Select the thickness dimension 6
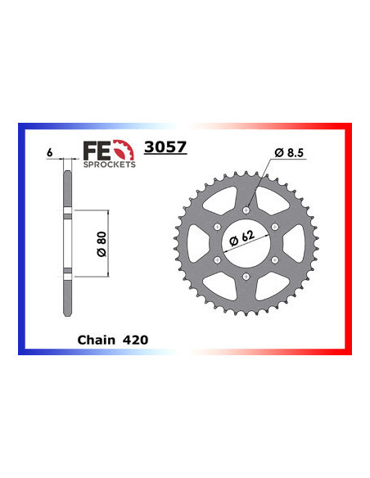pyautogui.click(x=50, y=152)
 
